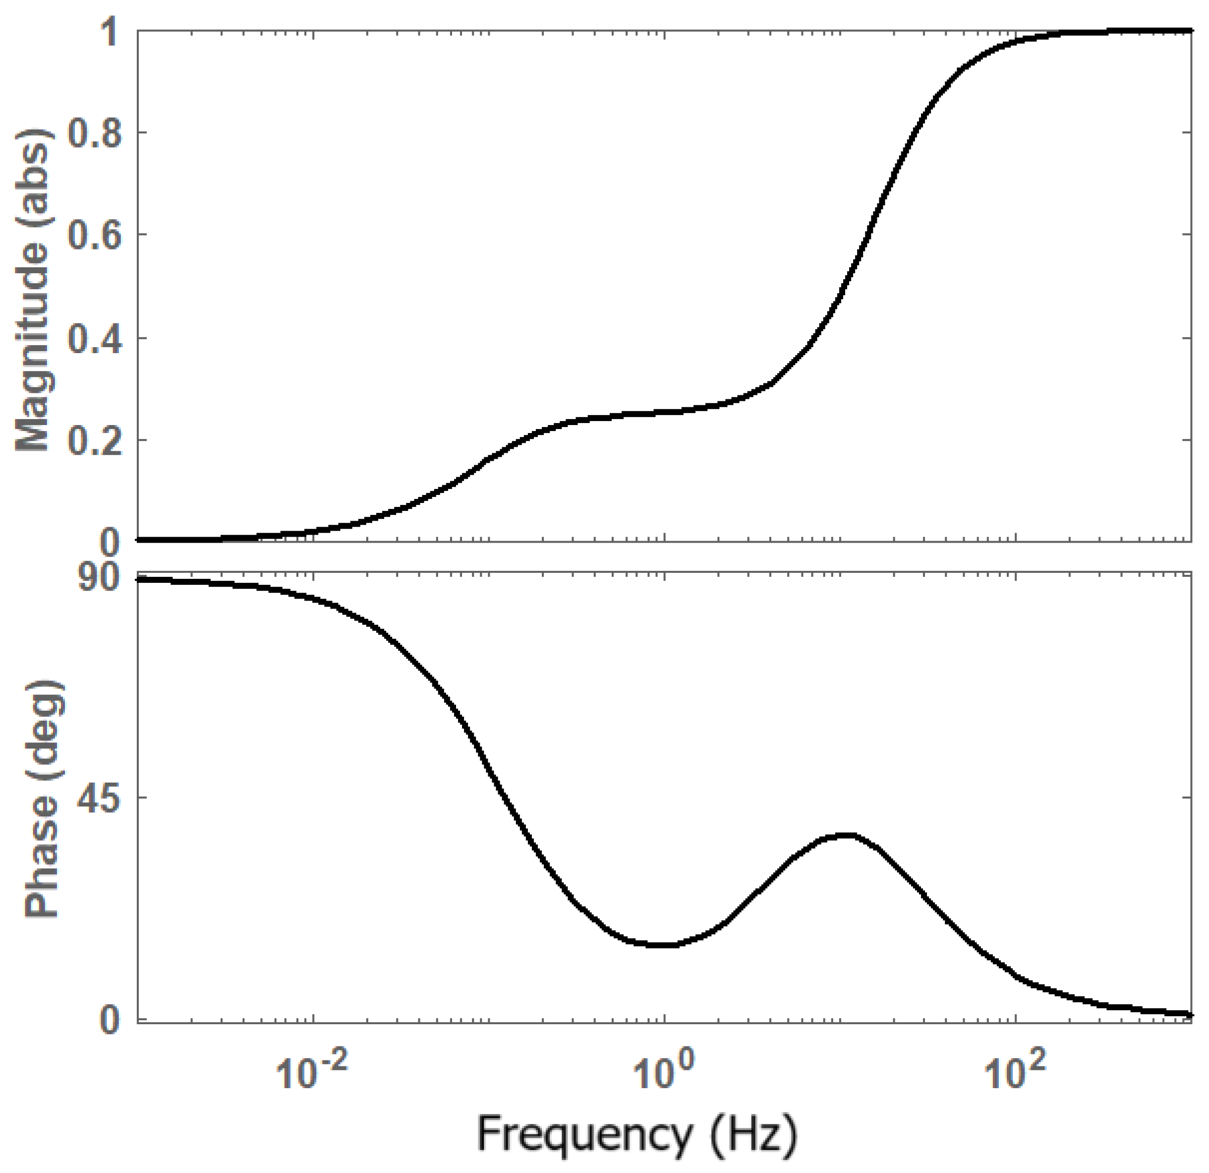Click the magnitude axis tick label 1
[x=111, y=32]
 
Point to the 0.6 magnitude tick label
[x=93, y=235]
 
